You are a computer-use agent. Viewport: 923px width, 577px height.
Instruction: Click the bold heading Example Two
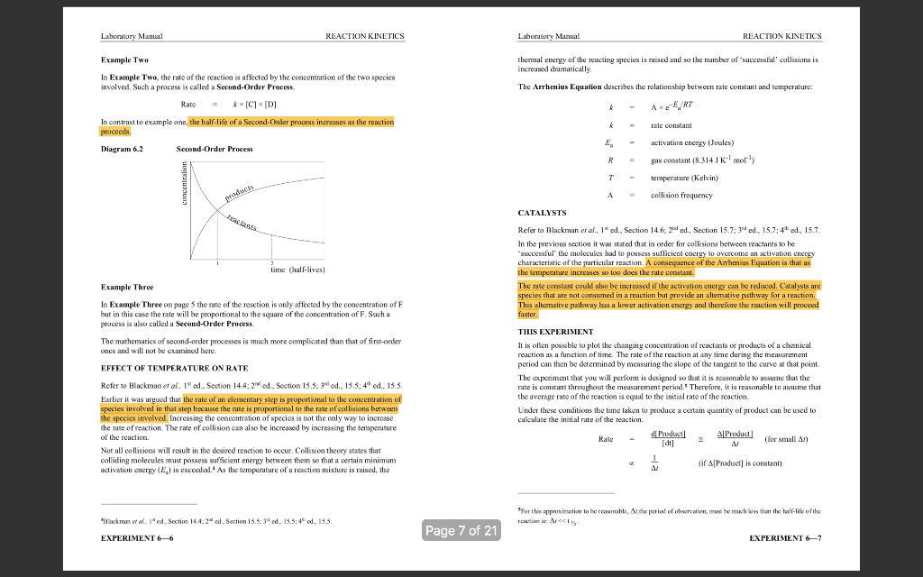(125, 59)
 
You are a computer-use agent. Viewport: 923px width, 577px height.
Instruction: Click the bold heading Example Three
(128, 287)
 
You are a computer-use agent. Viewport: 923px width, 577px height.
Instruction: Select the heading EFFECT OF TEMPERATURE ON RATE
(174, 368)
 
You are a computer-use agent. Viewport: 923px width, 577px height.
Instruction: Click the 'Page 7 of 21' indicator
(461, 530)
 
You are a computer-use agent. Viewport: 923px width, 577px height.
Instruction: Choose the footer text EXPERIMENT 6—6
(136, 538)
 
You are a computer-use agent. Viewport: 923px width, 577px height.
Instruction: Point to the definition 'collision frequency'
(682, 195)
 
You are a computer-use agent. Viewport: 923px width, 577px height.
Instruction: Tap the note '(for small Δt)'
(790, 440)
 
